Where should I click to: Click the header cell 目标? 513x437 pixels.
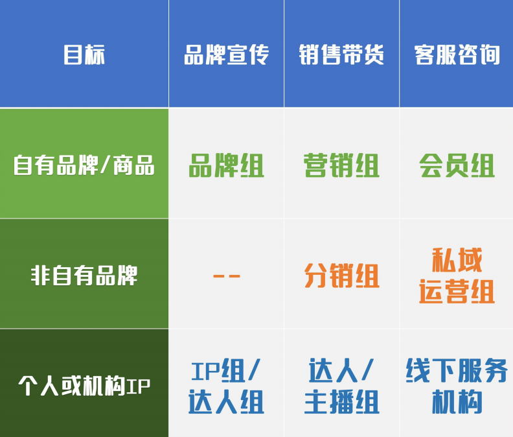pyautogui.click(x=84, y=54)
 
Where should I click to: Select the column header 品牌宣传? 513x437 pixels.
pyautogui.click(x=226, y=54)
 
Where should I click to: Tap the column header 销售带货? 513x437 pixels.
pyautogui.click(x=341, y=54)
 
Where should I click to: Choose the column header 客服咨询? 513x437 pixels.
pyautogui.click(x=457, y=54)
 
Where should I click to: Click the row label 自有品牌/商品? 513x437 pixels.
pyautogui.click(x=84, y=165)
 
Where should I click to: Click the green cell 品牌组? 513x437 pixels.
pyautogui.click(x=226, y=165)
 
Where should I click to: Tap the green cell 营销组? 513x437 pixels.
pyautogui.click(x=341, y=165)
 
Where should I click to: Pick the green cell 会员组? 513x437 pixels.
pyautogui.click(x=457, y=165)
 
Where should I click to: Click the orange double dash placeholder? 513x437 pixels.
pyautogui.click(x=226, y=276)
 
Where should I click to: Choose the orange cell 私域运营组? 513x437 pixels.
pyautogui.click(x=457, y=276)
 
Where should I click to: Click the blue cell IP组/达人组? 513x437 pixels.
pyautogui.click(x=226, y=386)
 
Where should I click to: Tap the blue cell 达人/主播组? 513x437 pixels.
pyautogui.click(x=341, y=386)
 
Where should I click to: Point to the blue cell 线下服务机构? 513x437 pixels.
pyautogui.click(x=457, y=386)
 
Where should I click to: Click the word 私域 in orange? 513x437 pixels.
pyautogui.click(x=457, y=261)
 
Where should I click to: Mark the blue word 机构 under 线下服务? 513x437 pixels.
pyautogui.click(x=457, y=402)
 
